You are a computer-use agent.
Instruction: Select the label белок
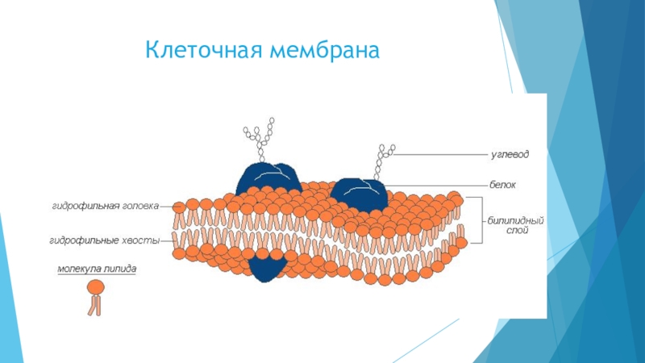point(502,185)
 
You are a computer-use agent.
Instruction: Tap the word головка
point(140,206)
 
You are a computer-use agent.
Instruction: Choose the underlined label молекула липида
point(96,269)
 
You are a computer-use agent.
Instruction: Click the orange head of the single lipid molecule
point(95,286)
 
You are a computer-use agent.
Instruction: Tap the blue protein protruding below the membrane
point(267,269)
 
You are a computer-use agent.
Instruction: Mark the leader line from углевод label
point(439,152)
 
